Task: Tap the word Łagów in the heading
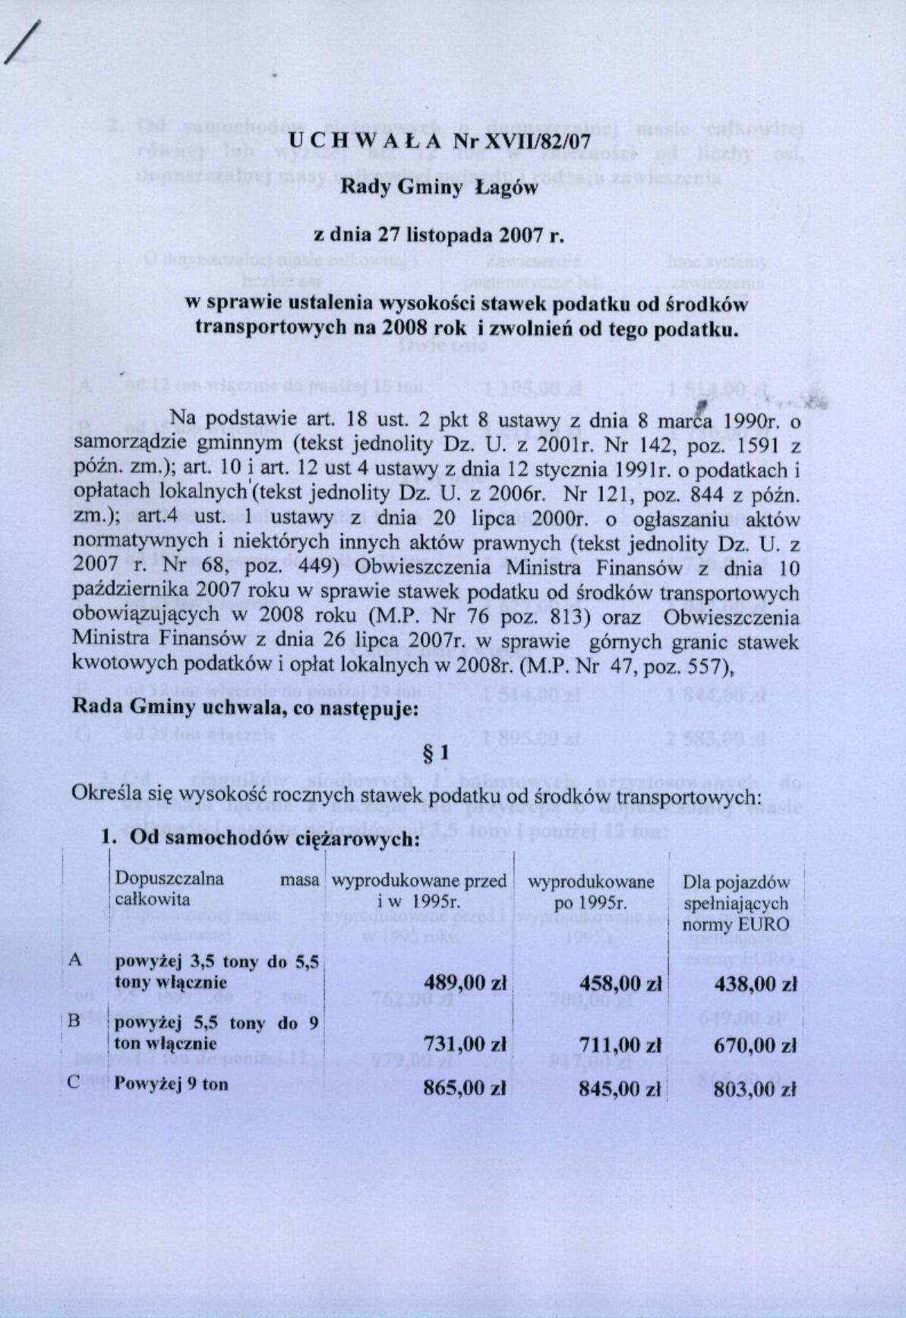(506, 188)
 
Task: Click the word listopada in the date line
(448, 235)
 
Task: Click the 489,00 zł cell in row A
(464, 983)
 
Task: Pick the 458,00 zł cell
(620, 984)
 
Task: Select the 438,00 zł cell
(755, 985)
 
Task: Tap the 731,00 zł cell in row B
(464, 1044)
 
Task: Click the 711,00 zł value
(620, 1045)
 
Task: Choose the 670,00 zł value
(755, 1045)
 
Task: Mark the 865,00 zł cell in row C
(464, 1088)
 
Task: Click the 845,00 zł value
(620, 1089)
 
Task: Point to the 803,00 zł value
(755, 1089)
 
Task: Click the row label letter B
(74, 1021)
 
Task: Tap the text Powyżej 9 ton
(171, 1084)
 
